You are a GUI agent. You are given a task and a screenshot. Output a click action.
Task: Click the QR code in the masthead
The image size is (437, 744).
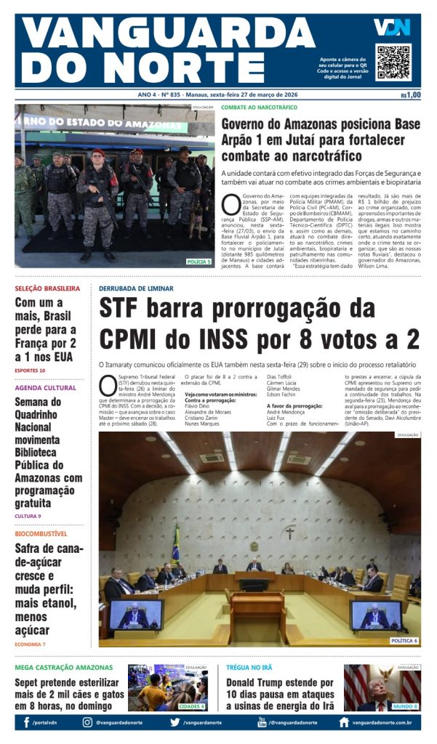[393, 62]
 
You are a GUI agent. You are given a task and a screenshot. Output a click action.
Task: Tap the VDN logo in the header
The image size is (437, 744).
[392, 28]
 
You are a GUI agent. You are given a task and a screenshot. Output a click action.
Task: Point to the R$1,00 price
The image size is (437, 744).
[410, 95]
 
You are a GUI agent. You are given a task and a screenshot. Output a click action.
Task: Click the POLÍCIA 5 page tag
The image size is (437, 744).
[199, 262]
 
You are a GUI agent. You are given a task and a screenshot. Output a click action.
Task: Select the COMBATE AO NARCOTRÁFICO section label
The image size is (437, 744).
[259, 108]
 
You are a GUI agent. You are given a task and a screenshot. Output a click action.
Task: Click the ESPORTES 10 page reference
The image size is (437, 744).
[30, 371]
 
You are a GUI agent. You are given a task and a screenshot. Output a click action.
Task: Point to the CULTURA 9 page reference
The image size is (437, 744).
[28, 516]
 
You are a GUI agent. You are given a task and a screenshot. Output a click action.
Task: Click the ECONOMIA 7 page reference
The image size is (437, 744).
[30, 644]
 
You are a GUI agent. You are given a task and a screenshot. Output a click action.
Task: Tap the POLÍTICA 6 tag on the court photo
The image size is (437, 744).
[404, 641]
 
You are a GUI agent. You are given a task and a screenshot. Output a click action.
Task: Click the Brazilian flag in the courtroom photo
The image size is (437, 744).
[175, 544]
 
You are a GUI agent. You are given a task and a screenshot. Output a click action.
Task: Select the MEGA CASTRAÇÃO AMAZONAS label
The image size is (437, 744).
[64, 667]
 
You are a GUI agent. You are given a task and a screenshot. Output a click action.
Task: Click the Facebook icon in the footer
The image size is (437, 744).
[27, 722]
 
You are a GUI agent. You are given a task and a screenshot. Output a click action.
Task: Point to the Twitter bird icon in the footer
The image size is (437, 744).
[175, 722]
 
